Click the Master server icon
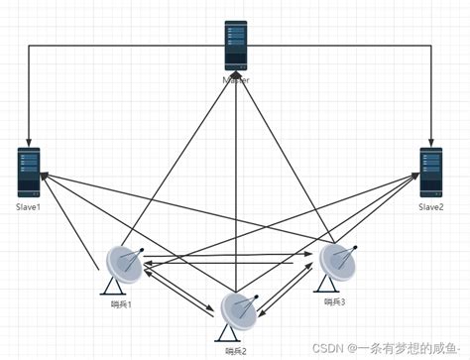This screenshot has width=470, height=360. [235, 45]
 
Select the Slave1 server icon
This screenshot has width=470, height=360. [28, 171]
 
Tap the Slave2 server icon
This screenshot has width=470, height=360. [430, 171]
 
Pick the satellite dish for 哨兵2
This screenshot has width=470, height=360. [238, 311]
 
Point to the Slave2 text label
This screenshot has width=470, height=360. [430, 206]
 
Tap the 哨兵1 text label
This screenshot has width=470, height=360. [122, 303]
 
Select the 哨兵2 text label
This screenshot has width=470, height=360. [236, 350]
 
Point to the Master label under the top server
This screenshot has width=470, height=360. [235, 79]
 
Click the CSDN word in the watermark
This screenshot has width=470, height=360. [329, 349]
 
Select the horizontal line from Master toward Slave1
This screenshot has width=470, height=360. [119, 45]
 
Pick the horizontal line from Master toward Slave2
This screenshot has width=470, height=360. [347, 45]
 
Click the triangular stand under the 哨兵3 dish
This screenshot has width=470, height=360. [330, 287]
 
